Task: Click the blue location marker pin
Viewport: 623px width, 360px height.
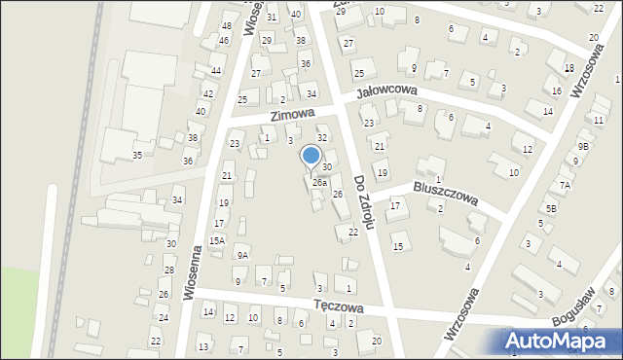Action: pos(311,156)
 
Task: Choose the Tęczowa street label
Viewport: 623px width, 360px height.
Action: pos(338,306)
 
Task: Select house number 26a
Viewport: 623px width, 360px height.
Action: pos(319,182)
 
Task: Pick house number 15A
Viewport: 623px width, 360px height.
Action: pos(217,240)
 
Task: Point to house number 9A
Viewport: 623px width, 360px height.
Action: pos(242,256)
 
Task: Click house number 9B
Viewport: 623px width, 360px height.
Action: pos(582,146)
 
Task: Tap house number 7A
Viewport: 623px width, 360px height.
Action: pos(565,185)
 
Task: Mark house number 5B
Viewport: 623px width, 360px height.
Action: pos(551,208)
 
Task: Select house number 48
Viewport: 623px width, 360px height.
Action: pos(227,26)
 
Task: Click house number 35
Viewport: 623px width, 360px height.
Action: pos(138,155)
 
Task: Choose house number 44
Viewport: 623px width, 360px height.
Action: pos(216,71)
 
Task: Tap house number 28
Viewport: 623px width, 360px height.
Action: pos(168,270)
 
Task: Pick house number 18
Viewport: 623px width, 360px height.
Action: pos(568,68)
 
